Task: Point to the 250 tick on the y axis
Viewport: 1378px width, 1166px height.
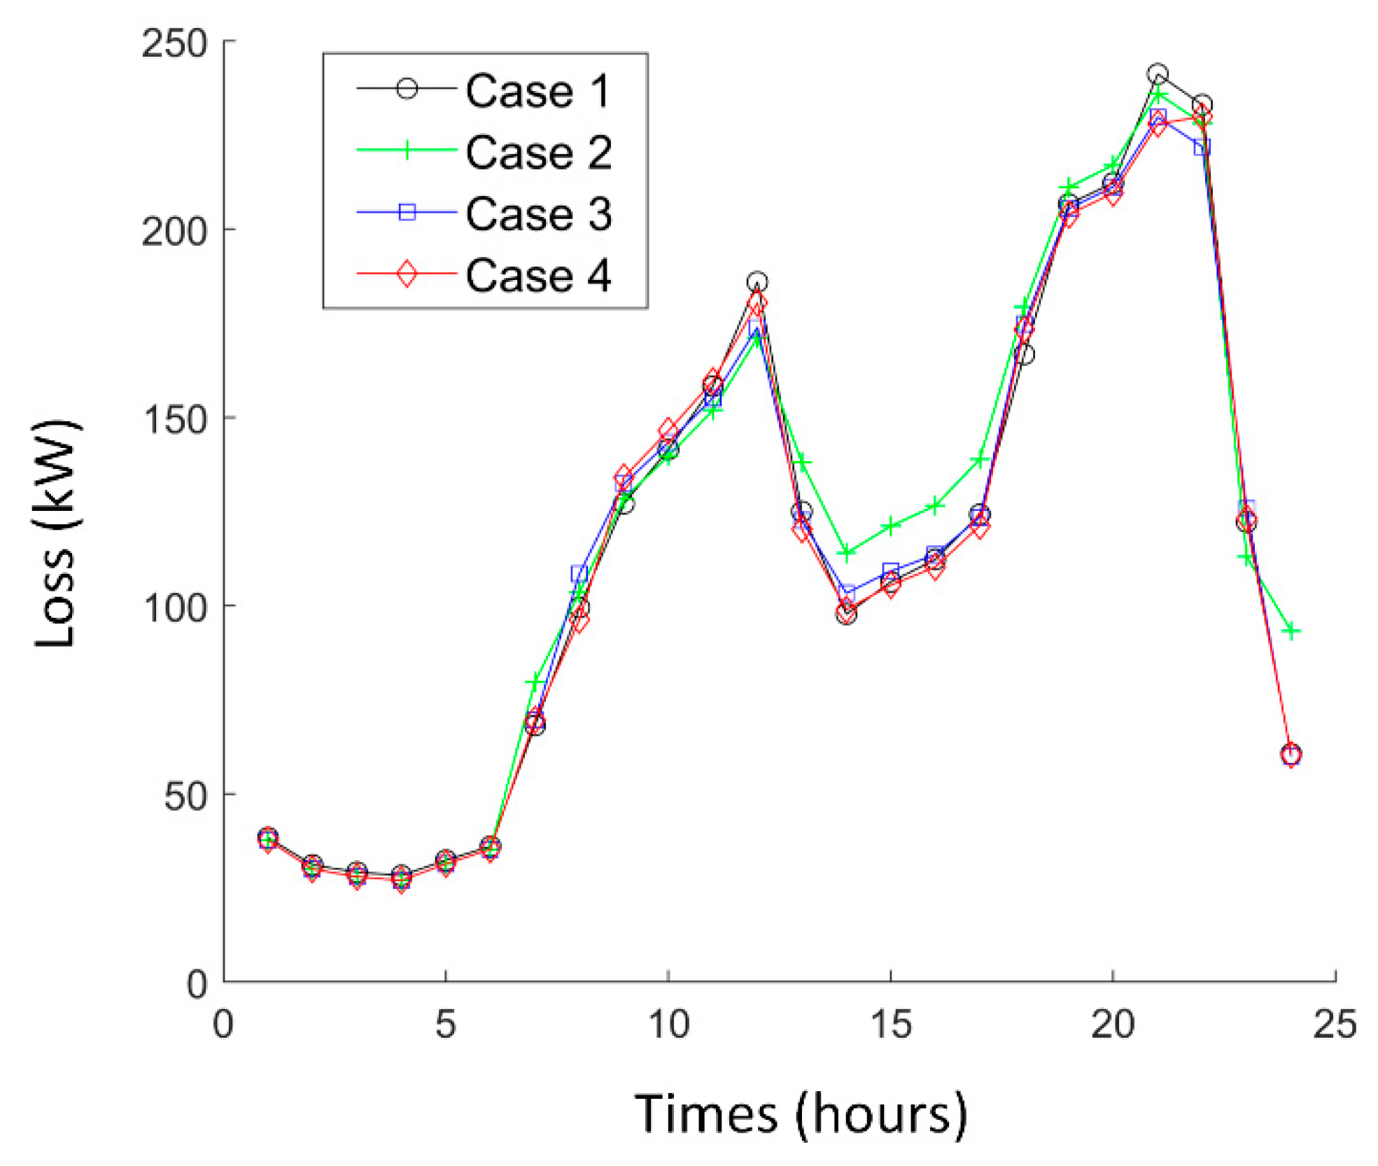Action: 175,43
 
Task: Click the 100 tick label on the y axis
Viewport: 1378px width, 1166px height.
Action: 175,607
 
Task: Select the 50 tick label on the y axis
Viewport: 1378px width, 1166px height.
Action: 185,795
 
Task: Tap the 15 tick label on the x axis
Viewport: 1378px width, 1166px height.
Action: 890,1024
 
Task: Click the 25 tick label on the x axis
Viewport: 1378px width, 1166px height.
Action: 1335,1024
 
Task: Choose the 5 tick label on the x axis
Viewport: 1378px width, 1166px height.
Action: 446,1024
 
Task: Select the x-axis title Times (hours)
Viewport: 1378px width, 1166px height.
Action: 800,1113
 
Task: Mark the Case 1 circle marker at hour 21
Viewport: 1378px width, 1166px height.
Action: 1158,74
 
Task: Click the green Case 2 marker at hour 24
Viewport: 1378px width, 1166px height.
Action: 1291,631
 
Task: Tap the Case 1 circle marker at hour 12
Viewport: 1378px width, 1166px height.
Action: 757,282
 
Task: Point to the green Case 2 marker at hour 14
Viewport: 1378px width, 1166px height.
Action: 846,553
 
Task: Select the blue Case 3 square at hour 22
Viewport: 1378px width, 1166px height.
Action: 1202,147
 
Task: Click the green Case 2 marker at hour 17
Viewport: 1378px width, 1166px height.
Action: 980,460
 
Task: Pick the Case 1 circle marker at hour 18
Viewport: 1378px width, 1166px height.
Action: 1024,355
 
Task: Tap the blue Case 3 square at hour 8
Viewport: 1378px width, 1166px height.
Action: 579,573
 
